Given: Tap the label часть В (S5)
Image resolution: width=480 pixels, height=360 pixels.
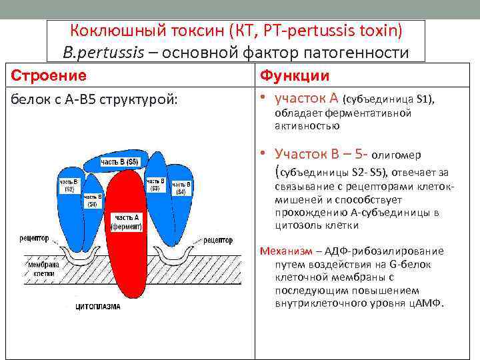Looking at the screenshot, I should click(120, 162).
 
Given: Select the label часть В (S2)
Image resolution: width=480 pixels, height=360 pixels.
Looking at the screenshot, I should click(68, 185).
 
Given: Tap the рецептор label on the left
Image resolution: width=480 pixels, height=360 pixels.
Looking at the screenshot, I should click(33, 237).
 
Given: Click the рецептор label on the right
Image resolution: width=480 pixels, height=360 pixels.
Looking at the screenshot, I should click(217, 240).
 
